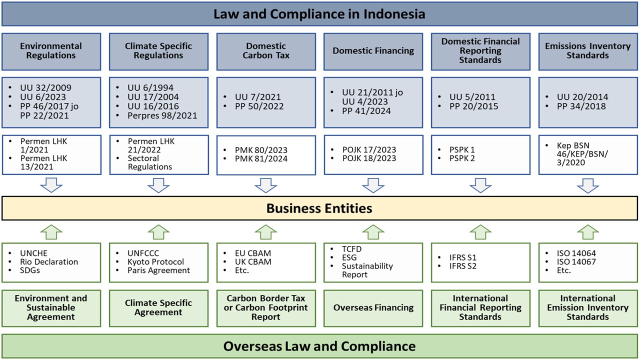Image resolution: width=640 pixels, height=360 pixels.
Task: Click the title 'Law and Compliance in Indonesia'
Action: click(x=319, y=14)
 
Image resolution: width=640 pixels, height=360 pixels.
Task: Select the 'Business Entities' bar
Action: click(x=319, y=208)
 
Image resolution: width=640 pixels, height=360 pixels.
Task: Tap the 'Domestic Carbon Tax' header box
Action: click(x=266, y=51)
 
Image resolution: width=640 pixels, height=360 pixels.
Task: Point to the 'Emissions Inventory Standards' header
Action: click(x=587, y=51)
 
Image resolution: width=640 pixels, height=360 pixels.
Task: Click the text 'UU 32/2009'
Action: click(x=45, y=87)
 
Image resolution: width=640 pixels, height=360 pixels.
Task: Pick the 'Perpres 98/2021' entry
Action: click(x=162, y=115)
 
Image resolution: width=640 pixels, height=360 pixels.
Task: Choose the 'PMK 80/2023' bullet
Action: click(x=261, y=150)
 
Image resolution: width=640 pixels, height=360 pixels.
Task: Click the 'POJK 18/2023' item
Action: click(x=369, y=158)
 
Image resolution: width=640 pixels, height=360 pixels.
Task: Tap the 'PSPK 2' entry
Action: click(x=462, y=158)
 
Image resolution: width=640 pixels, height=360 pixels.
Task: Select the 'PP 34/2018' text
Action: click(x=581, y=106)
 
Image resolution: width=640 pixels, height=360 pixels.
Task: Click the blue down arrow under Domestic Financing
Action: click(x=373, y=185)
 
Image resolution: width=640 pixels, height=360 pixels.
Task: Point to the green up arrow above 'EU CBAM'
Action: click(x=265, y=231)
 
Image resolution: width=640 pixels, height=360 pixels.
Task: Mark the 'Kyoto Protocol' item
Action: click(x=155, y=261)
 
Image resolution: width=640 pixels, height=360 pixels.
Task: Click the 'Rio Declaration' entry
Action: click(x=49, y=261)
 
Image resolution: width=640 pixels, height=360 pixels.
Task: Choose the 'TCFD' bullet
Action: click(x=351, y=249)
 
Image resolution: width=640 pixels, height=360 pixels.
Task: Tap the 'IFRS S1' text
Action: click(x=463, y=257)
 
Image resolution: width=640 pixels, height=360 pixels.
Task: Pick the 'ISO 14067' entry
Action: click(x=576, y=261)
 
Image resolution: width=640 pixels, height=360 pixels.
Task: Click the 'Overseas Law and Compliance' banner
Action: click(x=319, y=346)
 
